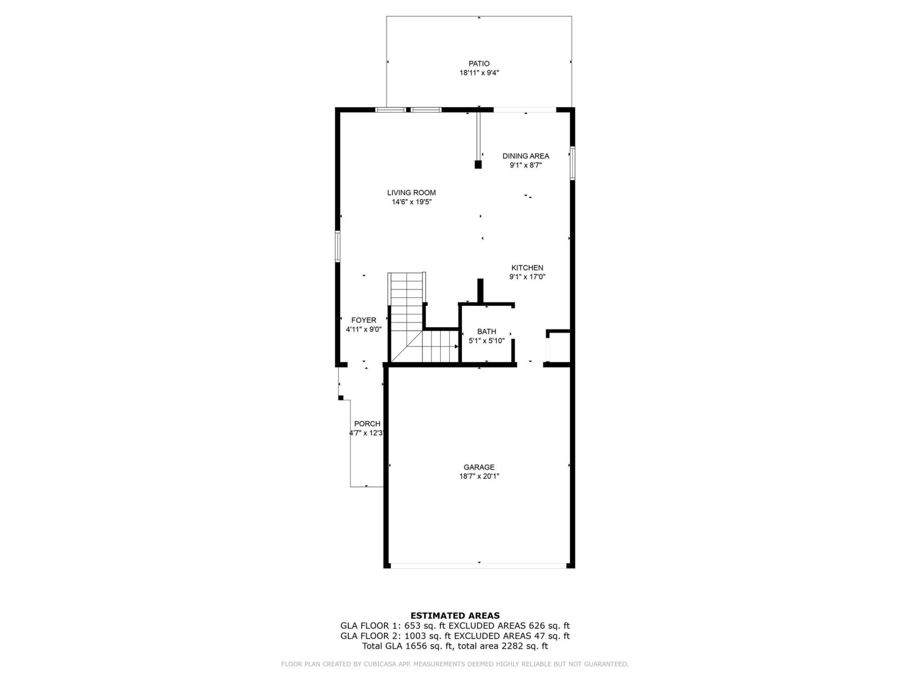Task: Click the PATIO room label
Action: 479,64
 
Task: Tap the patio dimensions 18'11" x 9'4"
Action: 479,73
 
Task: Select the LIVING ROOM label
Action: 411,193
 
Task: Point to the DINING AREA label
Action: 526,156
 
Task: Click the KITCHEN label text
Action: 527,268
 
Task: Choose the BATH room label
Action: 487,332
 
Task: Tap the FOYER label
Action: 364,320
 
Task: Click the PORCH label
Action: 367,424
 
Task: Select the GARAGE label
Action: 479,467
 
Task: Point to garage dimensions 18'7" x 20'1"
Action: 479,477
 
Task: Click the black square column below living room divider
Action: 478,165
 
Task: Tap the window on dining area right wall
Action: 573,163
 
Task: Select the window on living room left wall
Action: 338,246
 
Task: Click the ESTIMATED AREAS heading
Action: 455,616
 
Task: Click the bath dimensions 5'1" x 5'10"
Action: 487,341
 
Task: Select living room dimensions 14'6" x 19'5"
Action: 411,202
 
